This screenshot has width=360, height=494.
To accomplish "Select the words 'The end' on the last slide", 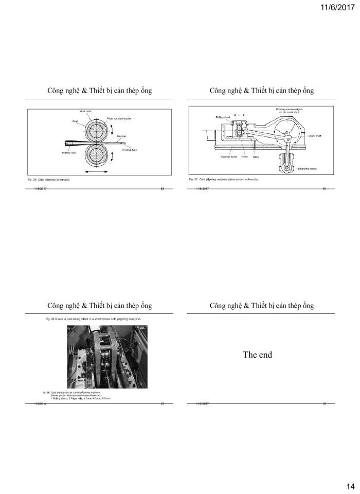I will pos(257,355).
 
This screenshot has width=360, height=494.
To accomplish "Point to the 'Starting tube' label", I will pos(63,153).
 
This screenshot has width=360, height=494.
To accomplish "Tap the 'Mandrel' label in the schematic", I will pos(122,136).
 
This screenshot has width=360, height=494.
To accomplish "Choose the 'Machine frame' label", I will pos(229,156).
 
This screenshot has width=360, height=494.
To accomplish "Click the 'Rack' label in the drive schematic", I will pos(256,157).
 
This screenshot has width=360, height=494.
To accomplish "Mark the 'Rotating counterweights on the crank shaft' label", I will pos(289,111).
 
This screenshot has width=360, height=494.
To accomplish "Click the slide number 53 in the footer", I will pos(163,189).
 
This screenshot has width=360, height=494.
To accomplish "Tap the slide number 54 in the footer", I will pos(325,189).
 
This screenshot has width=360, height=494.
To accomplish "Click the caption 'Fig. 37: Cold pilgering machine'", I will pos(223,179).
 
